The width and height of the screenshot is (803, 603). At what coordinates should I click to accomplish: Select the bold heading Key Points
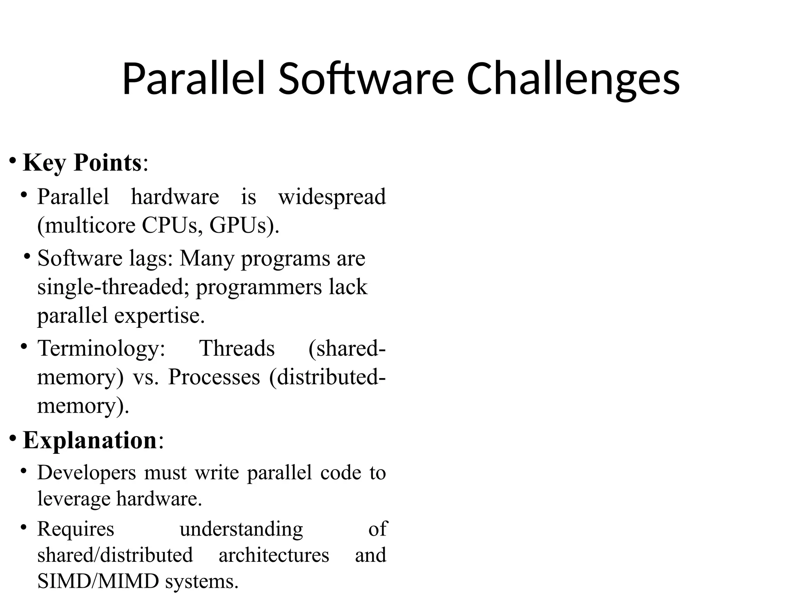(82, 163)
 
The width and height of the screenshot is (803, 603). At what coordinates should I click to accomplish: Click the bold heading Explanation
(90, 440)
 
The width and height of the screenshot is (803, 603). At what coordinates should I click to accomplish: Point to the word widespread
(332, 197)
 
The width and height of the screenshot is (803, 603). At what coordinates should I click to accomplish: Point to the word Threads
(237, 348)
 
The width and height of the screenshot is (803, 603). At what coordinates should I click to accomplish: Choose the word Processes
(214, 377)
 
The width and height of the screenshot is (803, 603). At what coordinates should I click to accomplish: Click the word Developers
(86, 473)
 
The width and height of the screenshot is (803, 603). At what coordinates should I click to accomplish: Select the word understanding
(241, 529)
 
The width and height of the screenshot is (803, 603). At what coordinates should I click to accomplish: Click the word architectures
(274, 555)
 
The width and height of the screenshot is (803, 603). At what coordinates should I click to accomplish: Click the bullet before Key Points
(13, 161)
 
